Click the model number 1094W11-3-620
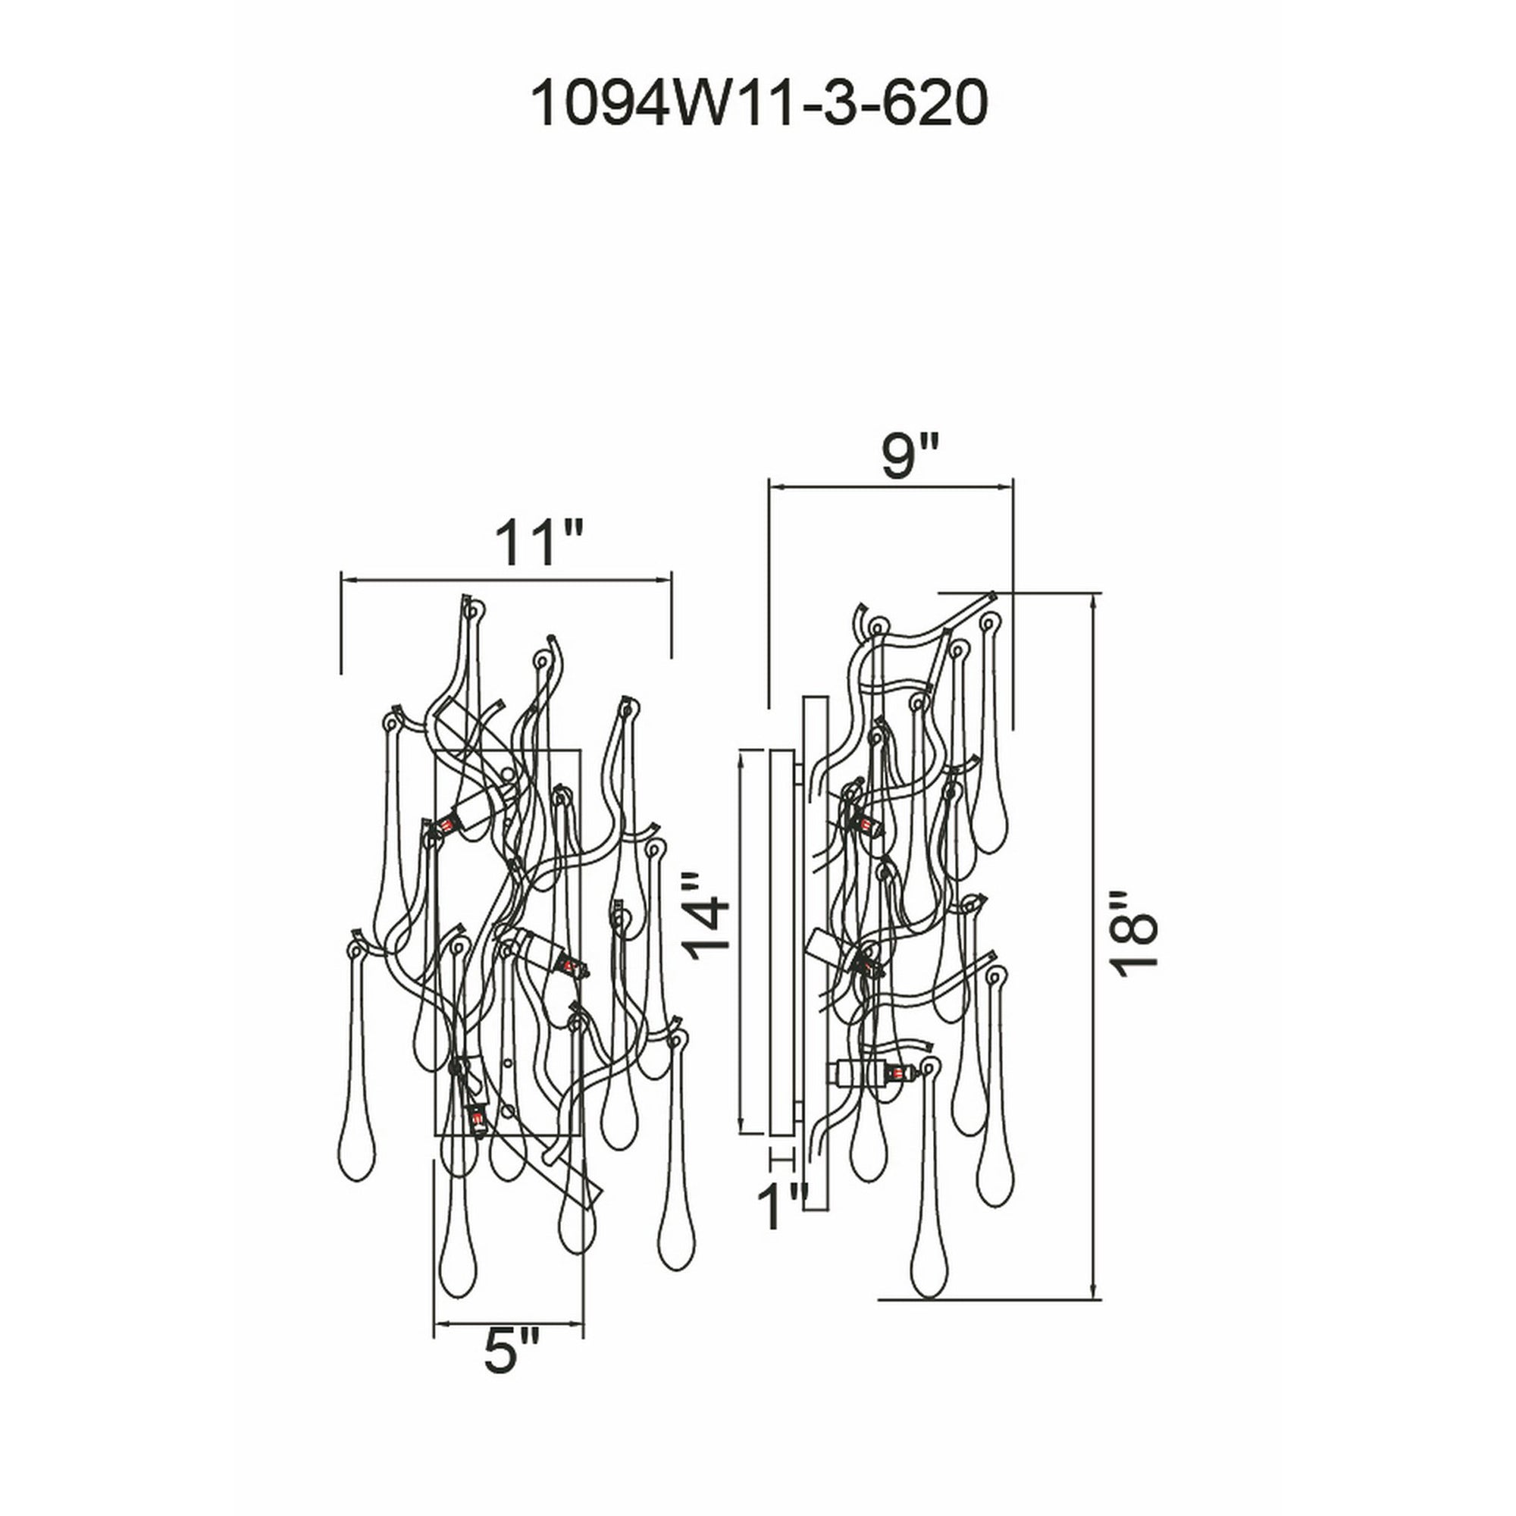tap(758, 105)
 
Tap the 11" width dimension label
tap(538, 541)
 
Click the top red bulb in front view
tap(448, 825)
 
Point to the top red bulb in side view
tap(866, 824)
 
